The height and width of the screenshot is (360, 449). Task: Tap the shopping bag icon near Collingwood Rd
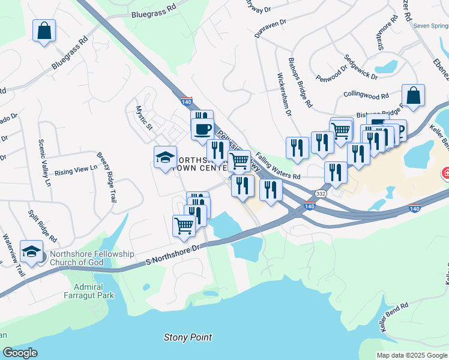[413, 95]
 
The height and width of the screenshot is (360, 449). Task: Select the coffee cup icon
[202, 128]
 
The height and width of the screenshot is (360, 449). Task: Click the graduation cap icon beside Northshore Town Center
[166, 158]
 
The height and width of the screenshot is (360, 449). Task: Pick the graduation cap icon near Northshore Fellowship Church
[31, 251]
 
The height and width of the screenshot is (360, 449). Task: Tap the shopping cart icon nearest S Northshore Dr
[184, 226]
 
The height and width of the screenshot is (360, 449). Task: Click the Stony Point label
[188, 338]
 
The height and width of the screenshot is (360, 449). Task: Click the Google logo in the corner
[20, 353]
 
